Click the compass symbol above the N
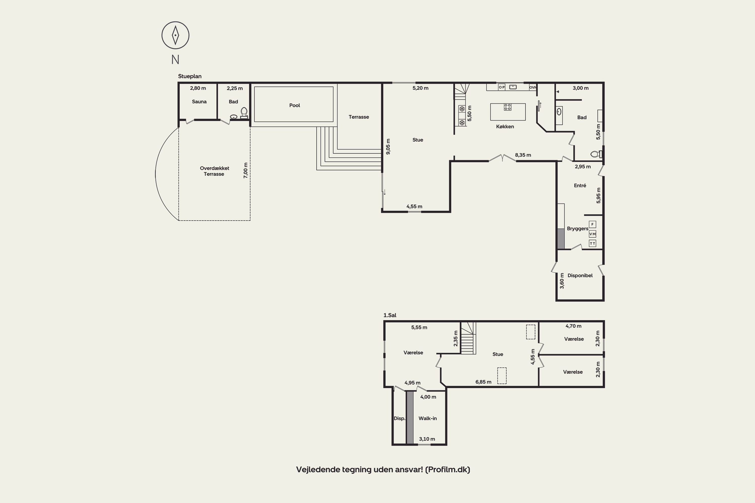[175, 35]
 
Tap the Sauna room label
[199, 102]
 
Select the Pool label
[294, 105]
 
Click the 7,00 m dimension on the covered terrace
[246, 170]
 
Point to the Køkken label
[505, 127]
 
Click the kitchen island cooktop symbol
[508, 107]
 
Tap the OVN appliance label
[533, 87]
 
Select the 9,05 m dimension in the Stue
[388, 147]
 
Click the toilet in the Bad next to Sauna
[244, 113]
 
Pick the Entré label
[580, 185]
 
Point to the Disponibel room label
[580, 275]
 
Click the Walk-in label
[428, 418]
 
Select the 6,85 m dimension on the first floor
[483, 382]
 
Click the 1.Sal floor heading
[390, 315]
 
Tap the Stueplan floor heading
[190, 76]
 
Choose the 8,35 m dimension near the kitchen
[523, 155]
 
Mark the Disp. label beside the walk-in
[399, 418]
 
